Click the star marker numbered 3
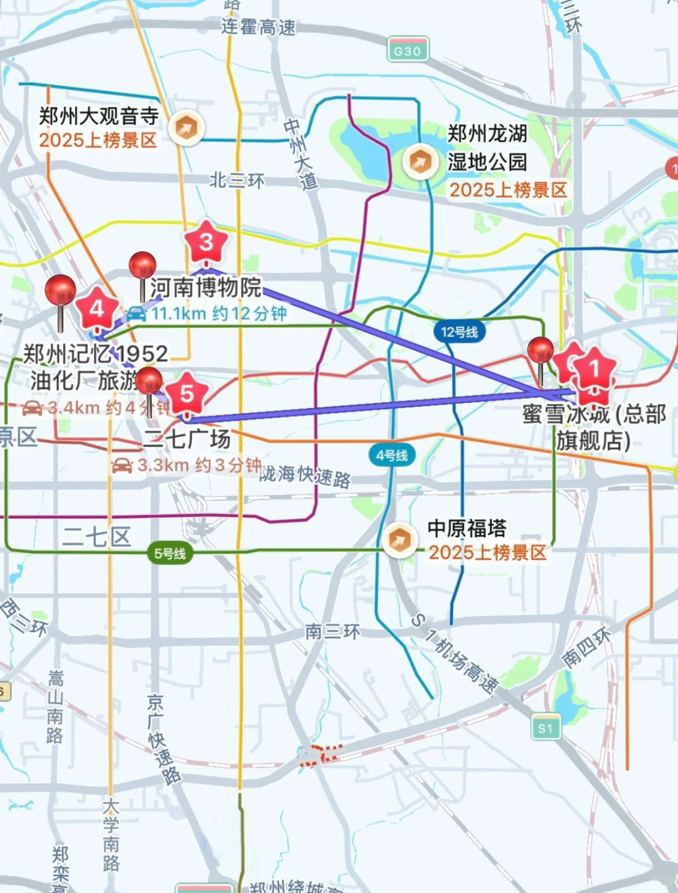coord(206,242)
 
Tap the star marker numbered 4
coord(97,309)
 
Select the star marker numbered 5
coord(186,393)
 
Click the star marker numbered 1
coord(594,369)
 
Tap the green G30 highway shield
coord(407,51)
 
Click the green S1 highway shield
coord(545,728)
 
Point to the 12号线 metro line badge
coord(459,331)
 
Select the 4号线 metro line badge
coord(392,456)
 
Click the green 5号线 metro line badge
coord(170,553)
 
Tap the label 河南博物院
coord(205,287)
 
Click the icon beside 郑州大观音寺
coord(186,128)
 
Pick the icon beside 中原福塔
coord(399,540)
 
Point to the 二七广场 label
coord(187,439)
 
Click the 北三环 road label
coord(237,181)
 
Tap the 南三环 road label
coord(333,631)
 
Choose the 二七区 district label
coord(97,537)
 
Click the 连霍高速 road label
coord(258,27)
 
